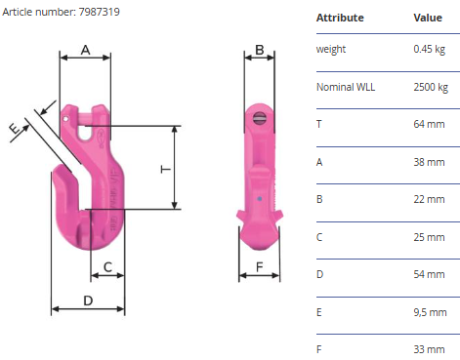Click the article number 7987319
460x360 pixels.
pos(100,12)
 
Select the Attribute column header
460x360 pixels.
pos(340,18)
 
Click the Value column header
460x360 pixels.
pos(428,18)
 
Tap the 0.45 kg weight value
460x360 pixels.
pos(429,49)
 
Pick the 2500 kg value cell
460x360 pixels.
pos(431,87)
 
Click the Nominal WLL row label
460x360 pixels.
pos(346,87)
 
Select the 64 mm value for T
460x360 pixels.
pos(429,124)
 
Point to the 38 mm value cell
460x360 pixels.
pos(429,162)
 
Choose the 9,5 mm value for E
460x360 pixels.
pos(430,312)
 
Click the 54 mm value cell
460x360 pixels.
pos(429,274)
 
